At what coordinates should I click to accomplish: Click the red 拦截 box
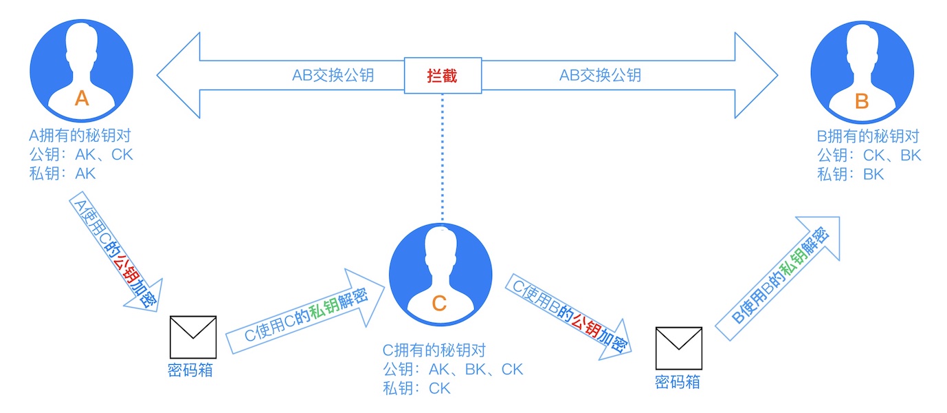tap(442, 76)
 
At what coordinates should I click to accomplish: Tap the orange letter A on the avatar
tap(82, 99)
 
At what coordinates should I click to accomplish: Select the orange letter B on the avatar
tap(862, 102)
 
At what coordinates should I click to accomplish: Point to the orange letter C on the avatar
tap(440, 303)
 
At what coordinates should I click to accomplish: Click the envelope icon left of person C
tap(193, 337)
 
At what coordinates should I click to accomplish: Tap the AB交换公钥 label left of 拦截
tap(333, 76)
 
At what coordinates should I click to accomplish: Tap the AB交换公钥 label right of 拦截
tap(600, 76)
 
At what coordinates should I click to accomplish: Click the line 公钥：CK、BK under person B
tap(869, 156)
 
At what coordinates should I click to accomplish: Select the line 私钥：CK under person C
tap(417, 388)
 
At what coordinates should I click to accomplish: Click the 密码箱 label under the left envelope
tap(190, 370)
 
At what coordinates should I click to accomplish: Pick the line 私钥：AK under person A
tap(63, 173)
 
